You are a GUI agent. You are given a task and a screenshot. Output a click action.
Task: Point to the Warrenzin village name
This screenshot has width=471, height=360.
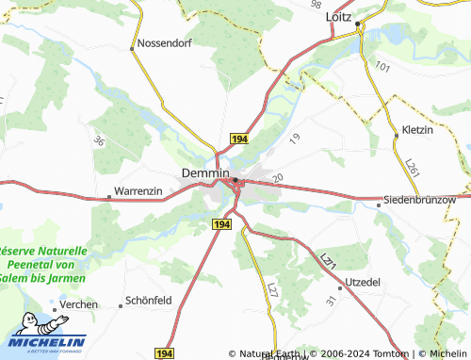138,191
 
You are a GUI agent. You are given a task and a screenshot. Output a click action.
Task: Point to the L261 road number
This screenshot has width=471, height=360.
411,166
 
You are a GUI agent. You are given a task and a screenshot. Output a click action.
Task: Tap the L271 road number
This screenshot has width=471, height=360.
327,259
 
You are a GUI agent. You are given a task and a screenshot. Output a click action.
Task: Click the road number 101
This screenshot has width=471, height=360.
382,67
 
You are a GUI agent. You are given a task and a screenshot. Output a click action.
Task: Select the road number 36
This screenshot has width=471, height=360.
99,141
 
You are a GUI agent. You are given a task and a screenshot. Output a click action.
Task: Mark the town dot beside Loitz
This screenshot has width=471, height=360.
358,17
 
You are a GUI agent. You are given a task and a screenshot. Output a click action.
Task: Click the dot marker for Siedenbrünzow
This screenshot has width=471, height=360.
380,202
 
